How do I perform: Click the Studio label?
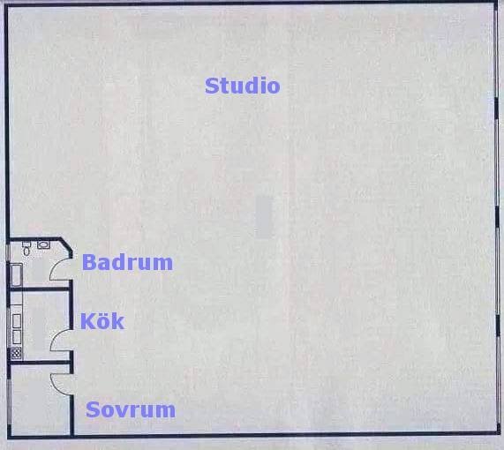point(243,86)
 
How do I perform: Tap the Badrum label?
point(128,262)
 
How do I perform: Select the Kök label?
point(102,321)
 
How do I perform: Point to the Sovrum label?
point(131,409)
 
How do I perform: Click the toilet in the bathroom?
point(26,248)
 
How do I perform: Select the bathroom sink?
point(43,245)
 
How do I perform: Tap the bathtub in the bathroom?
point(16,274)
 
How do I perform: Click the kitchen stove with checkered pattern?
point(16,354)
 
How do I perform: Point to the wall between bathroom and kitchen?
point(39,289)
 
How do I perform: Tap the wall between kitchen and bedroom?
point(40,363)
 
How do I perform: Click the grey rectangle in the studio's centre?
point(264,217)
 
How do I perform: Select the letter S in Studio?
point(212,86)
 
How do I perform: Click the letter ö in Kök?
point(102,321)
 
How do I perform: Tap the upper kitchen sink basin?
point(17,321)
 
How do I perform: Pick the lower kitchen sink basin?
point(17,337)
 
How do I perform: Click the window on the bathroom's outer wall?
point(7,252)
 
